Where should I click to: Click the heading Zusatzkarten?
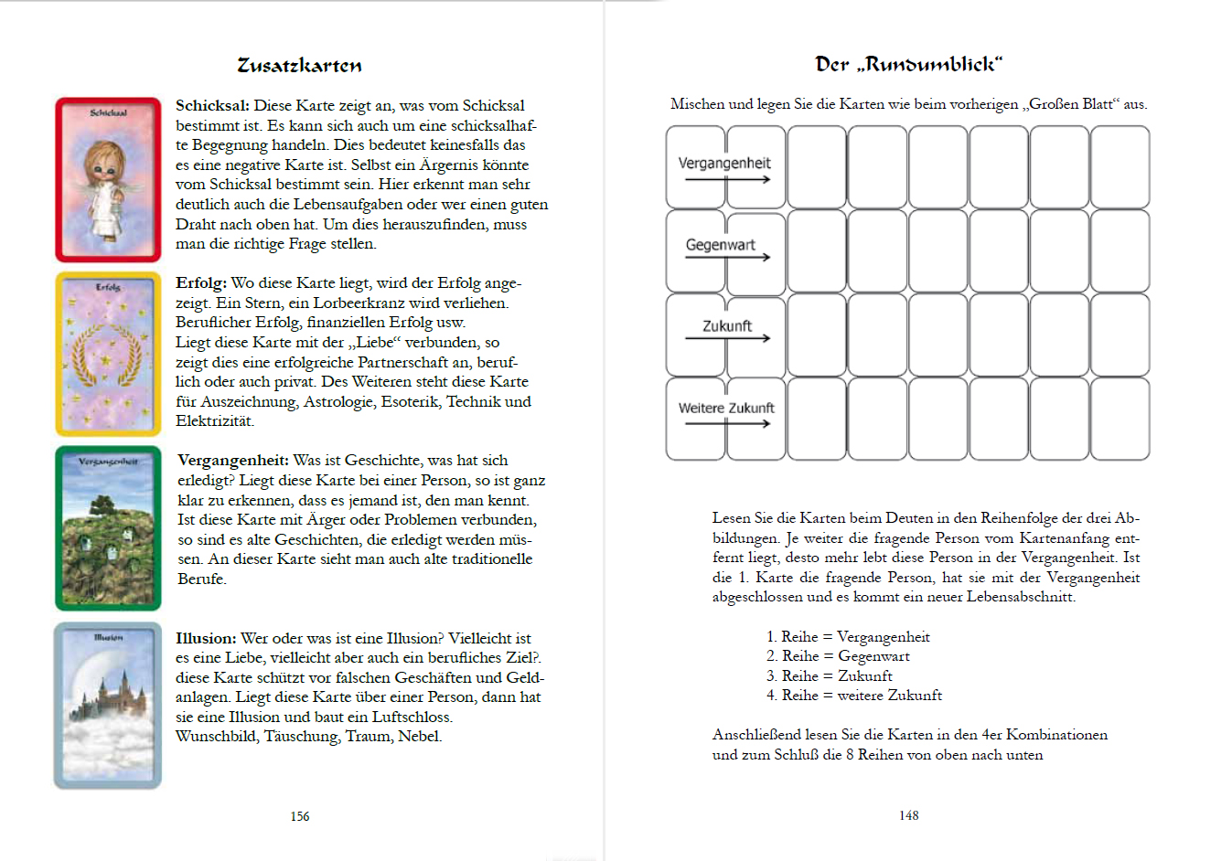click(x=299, y=66)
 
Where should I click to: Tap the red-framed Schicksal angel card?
click(x=108, y=180)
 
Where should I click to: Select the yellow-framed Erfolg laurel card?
click(x=108, y=354)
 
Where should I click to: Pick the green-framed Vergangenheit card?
click(x=108, y=528)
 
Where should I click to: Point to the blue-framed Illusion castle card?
click(x=108, y=705)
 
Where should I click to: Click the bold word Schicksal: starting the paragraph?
click(x=212, y=106)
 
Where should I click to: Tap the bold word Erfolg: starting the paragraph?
click(x=201, y=283)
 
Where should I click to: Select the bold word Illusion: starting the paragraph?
click(x=206, y=638)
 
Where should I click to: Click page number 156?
click(x=300, y=816)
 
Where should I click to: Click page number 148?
click(x=908, y=815)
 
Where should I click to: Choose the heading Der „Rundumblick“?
click(x=908, y=65)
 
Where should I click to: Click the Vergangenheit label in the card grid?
click(x=724, y=164)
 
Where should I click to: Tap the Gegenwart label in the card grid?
click(x=721, y=245)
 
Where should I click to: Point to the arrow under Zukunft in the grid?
click(x=728, y=339)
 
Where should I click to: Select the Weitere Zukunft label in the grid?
click(x=726, y=409)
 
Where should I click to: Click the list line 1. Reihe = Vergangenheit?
click(x=848, y=637)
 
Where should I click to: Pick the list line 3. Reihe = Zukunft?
click(x=829, y=676)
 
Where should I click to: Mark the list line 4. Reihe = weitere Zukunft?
click(x=853, y=696)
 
